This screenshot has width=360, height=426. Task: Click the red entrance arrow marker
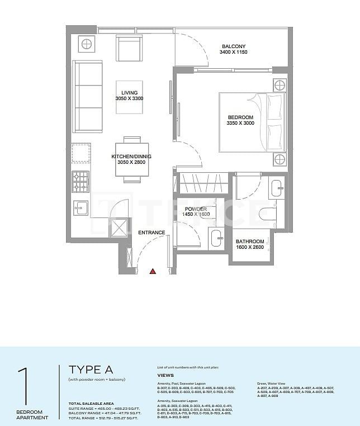pos(152,272)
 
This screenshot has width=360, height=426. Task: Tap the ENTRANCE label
pos(151,233)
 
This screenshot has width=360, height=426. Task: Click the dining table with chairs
pos(132,160)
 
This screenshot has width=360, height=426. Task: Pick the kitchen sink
pos(80,206)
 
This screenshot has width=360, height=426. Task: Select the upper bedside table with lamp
pos(279,86)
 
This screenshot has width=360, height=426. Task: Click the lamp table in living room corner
pos(87,44)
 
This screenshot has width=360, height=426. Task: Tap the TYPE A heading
pos(91,370)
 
